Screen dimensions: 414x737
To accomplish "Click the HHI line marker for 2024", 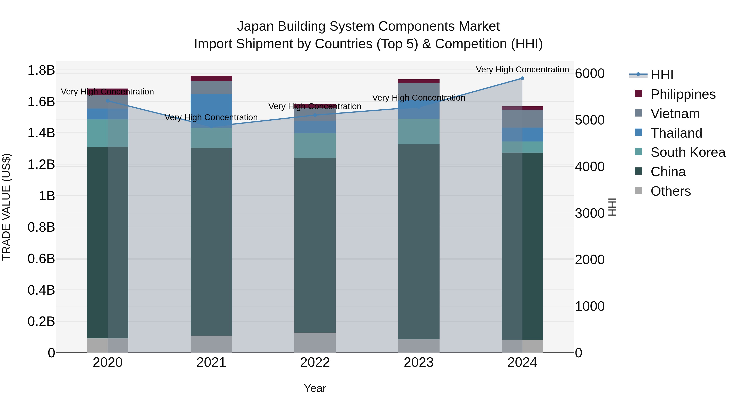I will (522, 78).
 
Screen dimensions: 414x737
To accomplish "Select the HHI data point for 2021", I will (211, 126).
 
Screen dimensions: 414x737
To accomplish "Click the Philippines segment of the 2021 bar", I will (211, 79).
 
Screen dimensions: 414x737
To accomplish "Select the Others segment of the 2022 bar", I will (315, 343).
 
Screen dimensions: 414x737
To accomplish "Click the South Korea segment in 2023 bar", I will (419, 131).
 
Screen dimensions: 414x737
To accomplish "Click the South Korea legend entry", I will (688, 152).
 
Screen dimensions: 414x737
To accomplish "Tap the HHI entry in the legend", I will (662, 75).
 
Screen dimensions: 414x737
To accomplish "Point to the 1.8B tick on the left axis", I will (41, 70).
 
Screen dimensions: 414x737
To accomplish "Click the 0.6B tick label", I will (41, 259).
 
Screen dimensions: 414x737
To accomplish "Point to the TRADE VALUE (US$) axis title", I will (6, 207).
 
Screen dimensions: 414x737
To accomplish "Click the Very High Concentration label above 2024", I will (522, 70).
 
